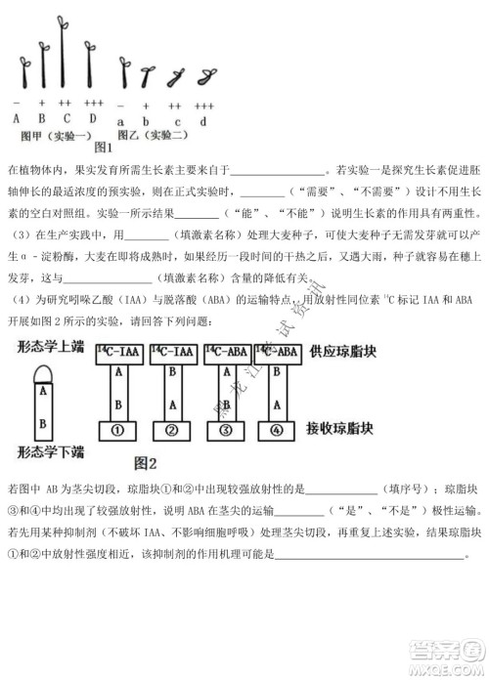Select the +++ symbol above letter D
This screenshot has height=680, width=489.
[x=93, y=103]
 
